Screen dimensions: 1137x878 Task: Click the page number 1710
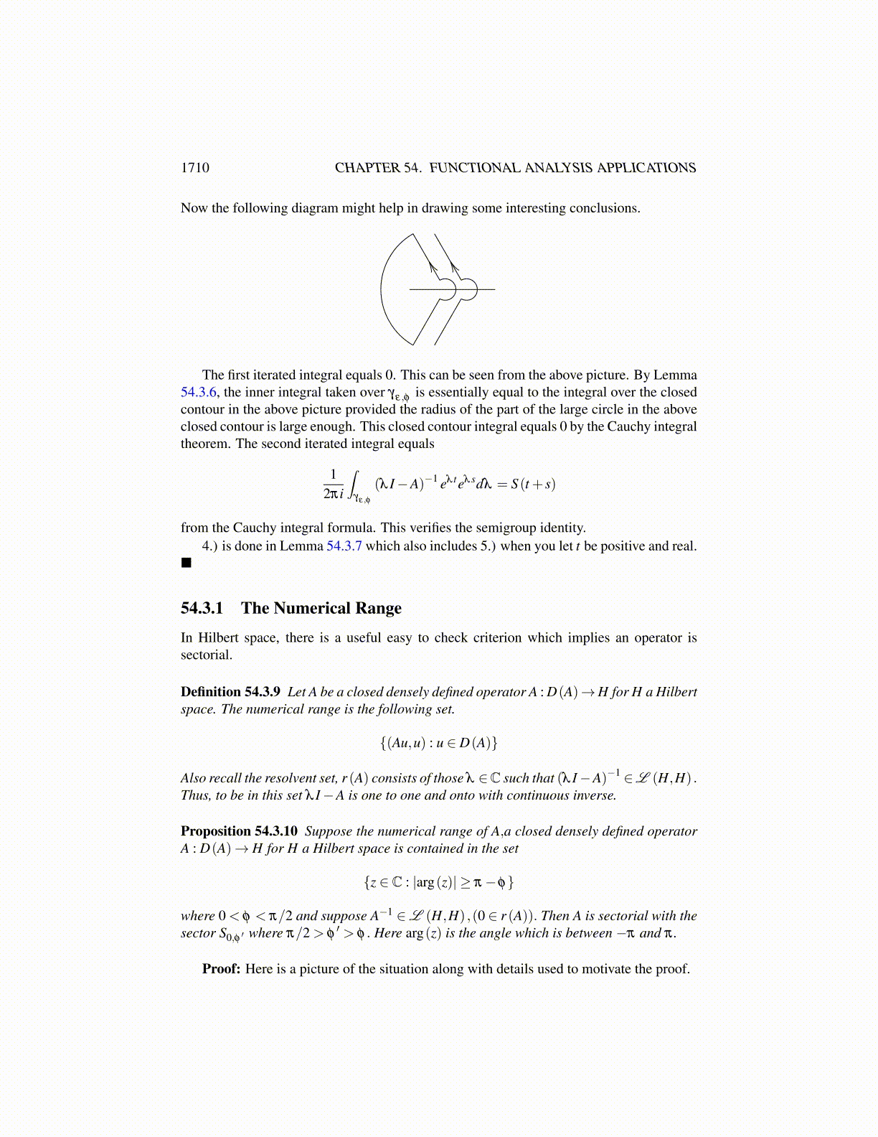pos(195,168)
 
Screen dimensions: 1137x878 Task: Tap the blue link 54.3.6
pos(198,393)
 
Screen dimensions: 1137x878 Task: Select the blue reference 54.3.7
pos(344,546)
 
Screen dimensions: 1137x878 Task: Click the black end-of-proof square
pos(187,563)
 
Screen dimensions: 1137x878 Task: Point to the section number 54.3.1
pos(202,609)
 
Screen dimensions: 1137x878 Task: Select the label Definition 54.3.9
pos(230,692)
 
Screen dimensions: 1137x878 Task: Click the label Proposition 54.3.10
pos(239,831)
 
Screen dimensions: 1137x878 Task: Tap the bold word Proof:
pos(221,969)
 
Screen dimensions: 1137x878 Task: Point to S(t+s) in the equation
pos(533,484)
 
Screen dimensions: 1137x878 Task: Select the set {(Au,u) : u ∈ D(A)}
pos(438,743)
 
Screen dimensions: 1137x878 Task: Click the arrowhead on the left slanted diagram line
pos(433,267)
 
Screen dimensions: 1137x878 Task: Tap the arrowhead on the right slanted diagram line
pos(455,269)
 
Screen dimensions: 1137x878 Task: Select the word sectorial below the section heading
pos(207,655)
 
